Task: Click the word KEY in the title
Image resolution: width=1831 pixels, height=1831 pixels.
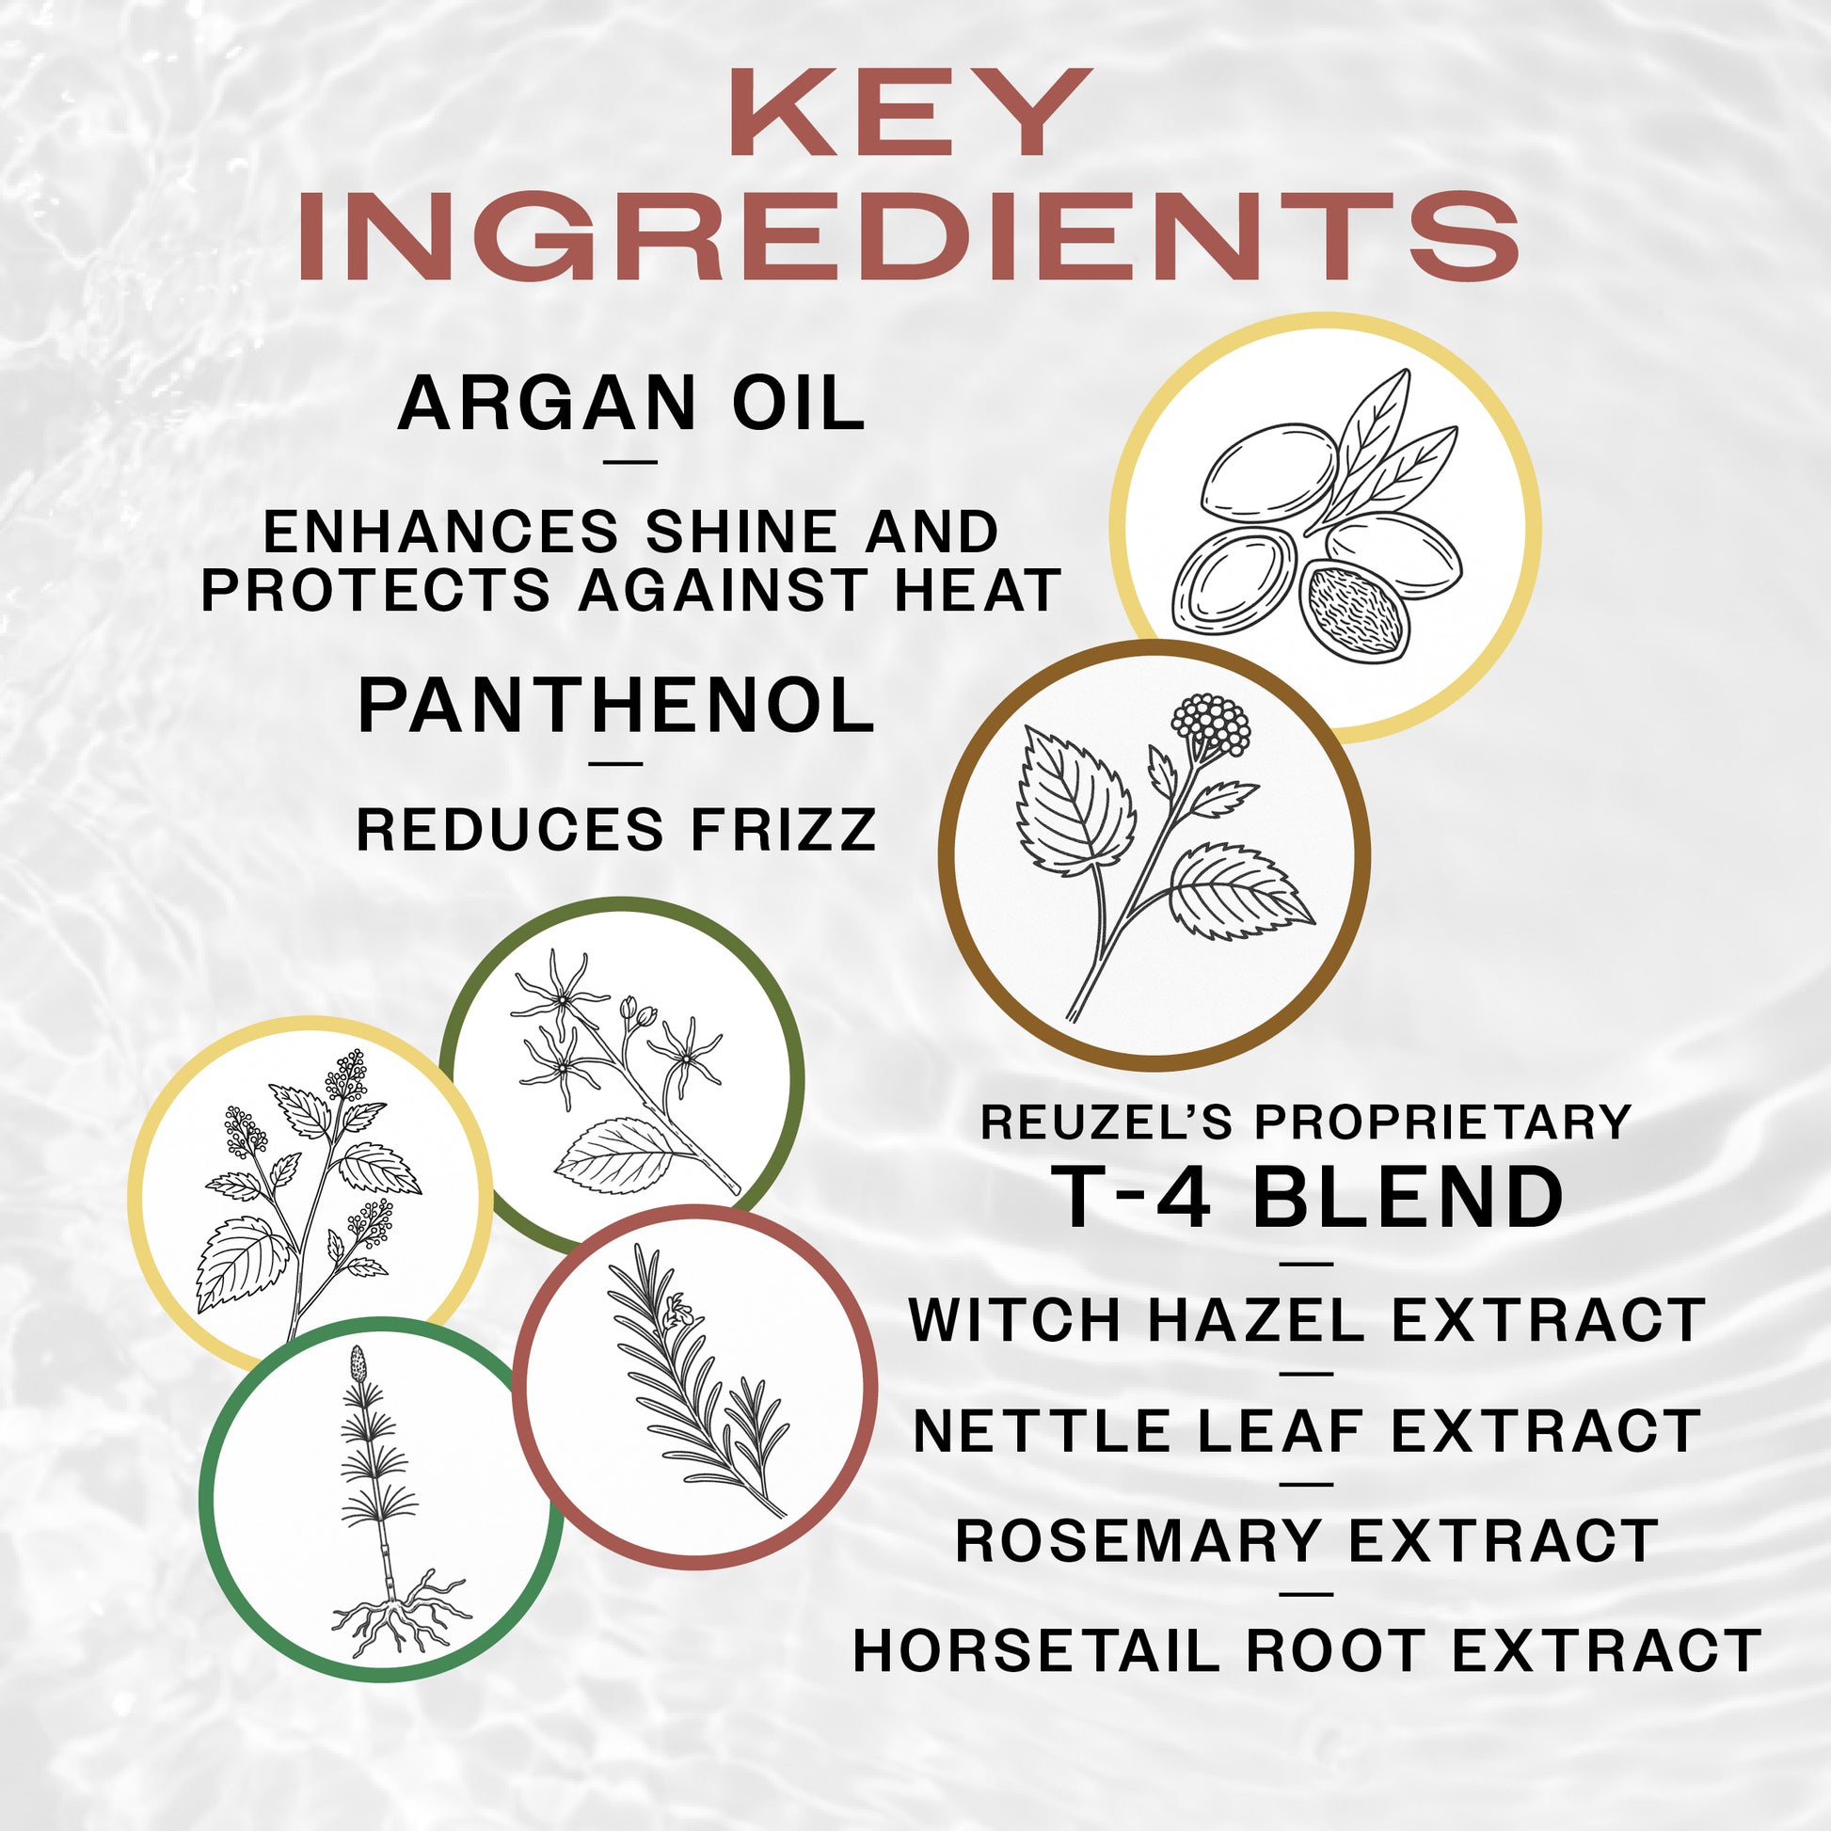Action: pos(910,114)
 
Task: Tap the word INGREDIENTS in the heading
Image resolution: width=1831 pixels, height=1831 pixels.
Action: pos(910,237)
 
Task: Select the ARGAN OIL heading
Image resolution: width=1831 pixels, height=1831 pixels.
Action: pos(630,405)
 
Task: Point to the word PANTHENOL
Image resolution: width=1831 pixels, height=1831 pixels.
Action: pos(616,707)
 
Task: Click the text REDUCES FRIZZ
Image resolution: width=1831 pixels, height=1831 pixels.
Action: pos(616,830)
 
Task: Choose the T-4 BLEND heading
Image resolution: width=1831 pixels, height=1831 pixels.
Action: pos(1308,1199)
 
